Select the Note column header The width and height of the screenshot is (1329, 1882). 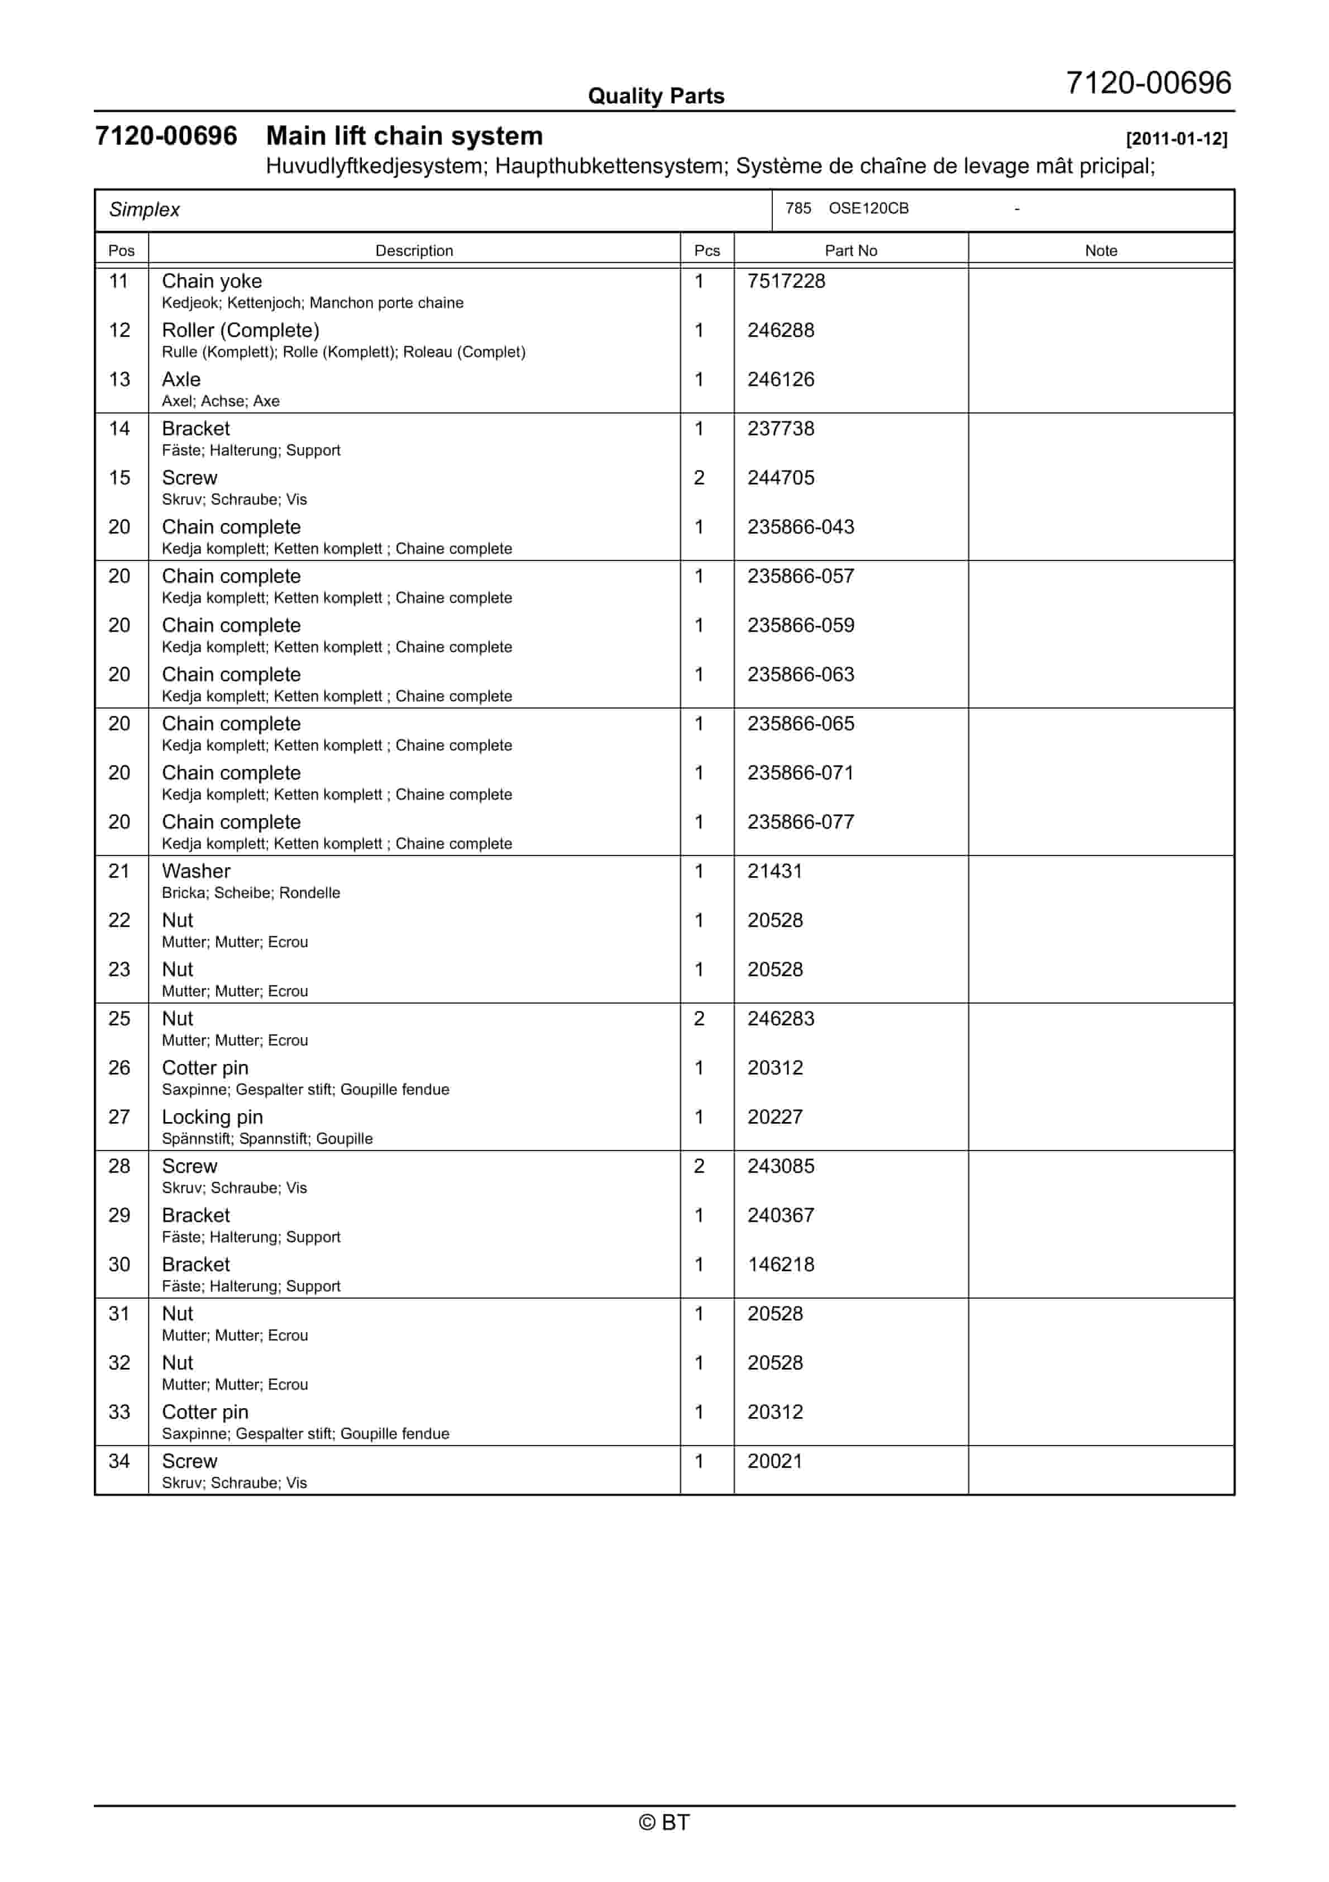click(x=1101, y=251)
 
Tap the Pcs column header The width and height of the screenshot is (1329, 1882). click(x=706, y=251)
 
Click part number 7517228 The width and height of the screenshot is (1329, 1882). click(x=786, y=281)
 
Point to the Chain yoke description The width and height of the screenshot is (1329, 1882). click(x=212, y=281)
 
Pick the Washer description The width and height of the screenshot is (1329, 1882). click(x=196, y=871)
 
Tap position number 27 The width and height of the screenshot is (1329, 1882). click(x=119, y=1117)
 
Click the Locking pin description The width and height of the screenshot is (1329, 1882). click(x=212, y=1117)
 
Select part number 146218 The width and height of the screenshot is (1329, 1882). click(x=780, y=1265)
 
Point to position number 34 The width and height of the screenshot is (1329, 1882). click(x=119, y=1461)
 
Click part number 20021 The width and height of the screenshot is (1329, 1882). click(x=775, y=1461)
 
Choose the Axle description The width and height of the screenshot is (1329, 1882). click(x=181, y=379)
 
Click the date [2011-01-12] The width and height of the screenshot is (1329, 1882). click(x=1176, y=139)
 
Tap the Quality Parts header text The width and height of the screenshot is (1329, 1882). click(x=656, y=96)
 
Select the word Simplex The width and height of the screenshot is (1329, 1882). click(x=144, y=210)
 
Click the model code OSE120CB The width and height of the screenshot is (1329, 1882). click(x=868, y=208)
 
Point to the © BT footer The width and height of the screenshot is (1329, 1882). click(x=664, y=1822)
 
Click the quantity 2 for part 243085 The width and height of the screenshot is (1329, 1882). click(x=699, y=1166)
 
